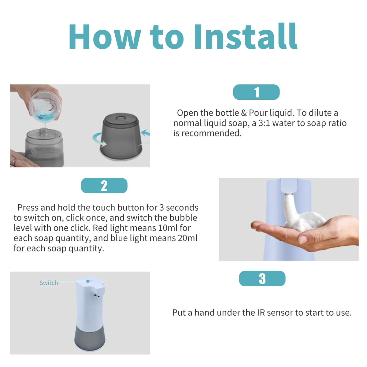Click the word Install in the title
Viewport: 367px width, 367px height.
pos(246,36)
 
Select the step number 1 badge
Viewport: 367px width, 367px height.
pos(256,92)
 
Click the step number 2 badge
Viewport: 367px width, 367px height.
pos(104,186)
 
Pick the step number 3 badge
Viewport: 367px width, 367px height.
pos(262,279)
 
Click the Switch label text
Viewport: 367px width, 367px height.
pos(49,283)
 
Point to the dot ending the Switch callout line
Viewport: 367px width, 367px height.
pos(88,281)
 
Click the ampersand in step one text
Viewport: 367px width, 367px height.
pos(244,113)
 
